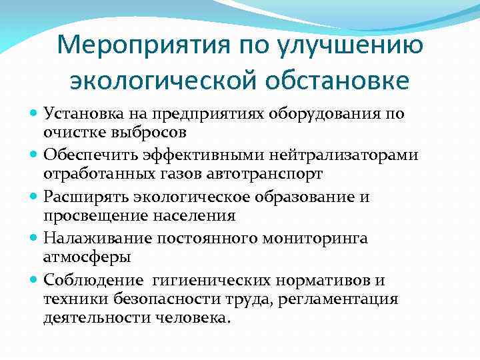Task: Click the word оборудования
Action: (x=329, y=113)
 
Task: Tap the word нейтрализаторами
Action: (x=343, y=155)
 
